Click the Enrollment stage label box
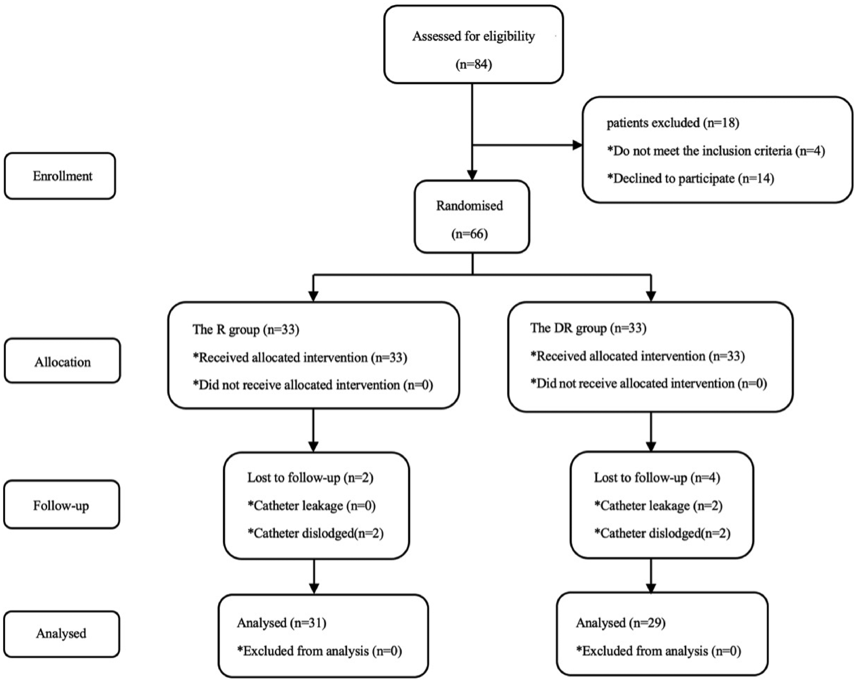60,176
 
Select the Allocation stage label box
62,361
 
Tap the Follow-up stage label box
62,505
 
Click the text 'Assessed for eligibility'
473,36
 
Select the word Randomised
469,206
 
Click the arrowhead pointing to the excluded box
577,145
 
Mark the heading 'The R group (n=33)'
246,330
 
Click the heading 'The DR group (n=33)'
588,328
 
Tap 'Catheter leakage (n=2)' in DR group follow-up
658,506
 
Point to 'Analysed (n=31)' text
282,623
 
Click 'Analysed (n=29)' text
621,623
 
